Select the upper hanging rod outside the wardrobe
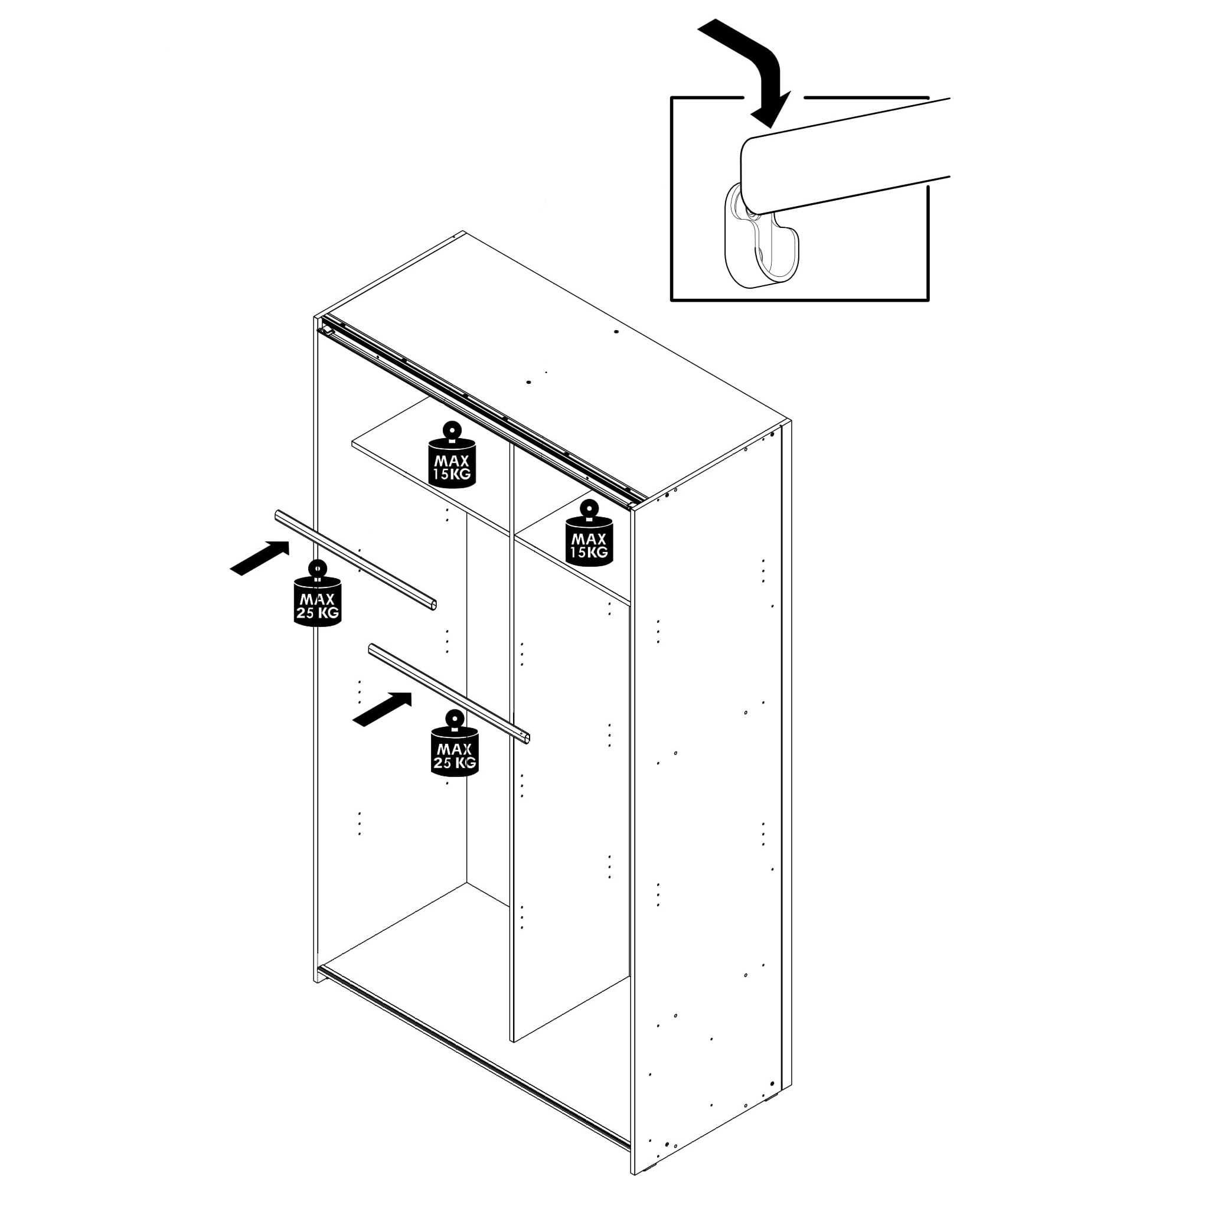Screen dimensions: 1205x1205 tap(355, 559)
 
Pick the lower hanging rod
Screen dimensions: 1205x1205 tap(449, 693)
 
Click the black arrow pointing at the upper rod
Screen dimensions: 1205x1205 tap(260, 557)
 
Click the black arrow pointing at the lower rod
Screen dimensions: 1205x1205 tap(383, 708)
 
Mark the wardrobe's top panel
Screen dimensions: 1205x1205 tap(552, 368)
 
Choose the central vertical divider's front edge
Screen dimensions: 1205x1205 tap(512, 742)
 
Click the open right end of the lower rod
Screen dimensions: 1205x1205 tap(527, 739)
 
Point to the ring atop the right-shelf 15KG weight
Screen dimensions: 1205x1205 tap(589, 509)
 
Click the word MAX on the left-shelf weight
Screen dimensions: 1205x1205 tap(452, 461)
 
